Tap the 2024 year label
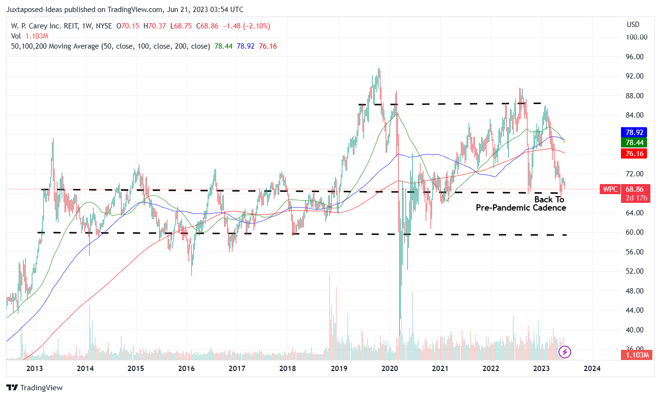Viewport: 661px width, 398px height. (x=592, y=369)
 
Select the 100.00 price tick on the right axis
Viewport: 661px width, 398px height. (x=635, y=37)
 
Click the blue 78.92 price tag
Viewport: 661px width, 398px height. (x=634, y=132)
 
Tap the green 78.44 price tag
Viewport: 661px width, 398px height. (x=634, y=143)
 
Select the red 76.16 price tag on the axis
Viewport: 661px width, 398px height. (x=634, y=154)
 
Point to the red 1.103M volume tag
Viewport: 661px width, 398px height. (x=635, y=355)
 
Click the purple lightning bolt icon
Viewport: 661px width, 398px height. (x=565, y=352)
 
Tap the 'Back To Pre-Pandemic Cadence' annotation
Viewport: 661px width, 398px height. (x=521, y=204)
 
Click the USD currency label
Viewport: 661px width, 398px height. (x=633, y=25)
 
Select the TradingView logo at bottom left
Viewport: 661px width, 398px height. (x=34, y=387)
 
